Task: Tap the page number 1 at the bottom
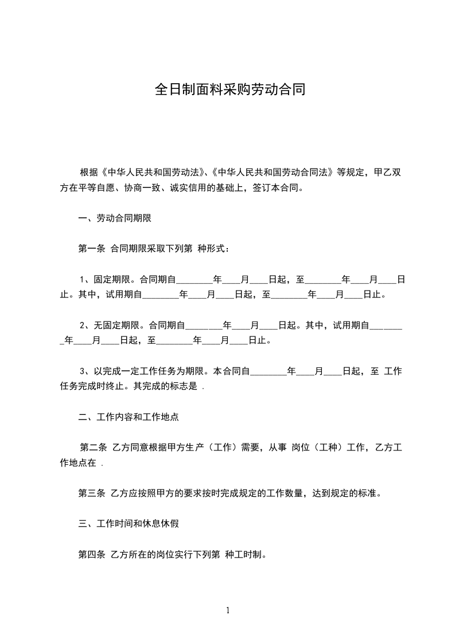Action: (228, 610)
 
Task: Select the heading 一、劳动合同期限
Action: (114, 218)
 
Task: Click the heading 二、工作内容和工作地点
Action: (128, 417)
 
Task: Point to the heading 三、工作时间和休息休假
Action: (128, 523)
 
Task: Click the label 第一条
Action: (91, 249)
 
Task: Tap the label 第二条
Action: (92, 448)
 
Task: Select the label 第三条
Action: (91, 493)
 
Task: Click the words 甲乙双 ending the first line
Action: (387, 172)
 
